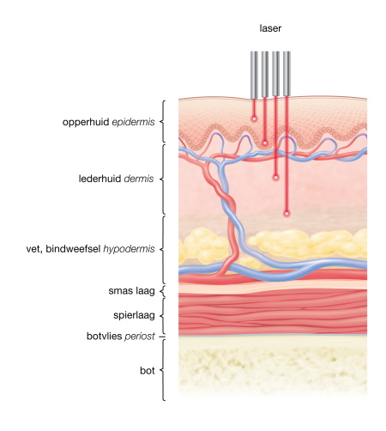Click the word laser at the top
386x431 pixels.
pos(270,28)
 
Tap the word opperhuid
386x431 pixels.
pos(86,122)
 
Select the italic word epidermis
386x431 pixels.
pos(133,122)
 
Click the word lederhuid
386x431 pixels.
pos(100,179)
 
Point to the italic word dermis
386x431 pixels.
pos(139,179)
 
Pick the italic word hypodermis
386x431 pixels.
pos(129,249)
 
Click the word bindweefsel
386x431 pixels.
pos(73,249)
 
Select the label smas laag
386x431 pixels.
pos(131,291)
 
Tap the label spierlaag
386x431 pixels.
pos(134,315)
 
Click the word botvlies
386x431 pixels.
pos(104,336)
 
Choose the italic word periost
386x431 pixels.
pos(140,337)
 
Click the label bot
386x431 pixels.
pos(148,371)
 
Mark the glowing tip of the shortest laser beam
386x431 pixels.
pos(254,118)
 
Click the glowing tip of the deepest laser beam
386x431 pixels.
pos(286,213)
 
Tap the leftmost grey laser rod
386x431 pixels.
pos(254,75)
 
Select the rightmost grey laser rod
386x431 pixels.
pos(286,74)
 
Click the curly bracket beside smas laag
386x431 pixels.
pos(163,291)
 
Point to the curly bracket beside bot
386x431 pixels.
pos(163,370)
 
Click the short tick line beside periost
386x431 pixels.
pos(162,337)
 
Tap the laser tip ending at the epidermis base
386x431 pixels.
pos(265,143)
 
